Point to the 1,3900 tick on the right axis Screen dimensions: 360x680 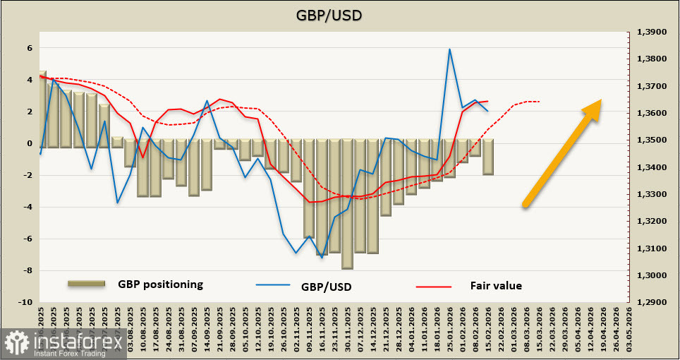tap(652, 32)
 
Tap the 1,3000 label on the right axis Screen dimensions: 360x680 tap(652, 275)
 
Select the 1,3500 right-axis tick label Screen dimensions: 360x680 tap(652, 140)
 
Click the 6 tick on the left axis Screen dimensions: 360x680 tap(30, 48)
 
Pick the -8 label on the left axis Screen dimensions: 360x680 tap(28, 270)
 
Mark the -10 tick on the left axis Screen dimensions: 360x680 tap(26, 302)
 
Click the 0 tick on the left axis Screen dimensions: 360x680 tap(30, 143)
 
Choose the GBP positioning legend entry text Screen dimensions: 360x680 tap(160, 284)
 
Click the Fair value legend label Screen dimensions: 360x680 tap(496, 285)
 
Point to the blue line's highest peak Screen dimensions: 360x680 tap(449, 49)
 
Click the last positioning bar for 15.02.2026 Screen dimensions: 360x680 tap(487, 157)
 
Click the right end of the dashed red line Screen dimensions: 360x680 tap(540, 102)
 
